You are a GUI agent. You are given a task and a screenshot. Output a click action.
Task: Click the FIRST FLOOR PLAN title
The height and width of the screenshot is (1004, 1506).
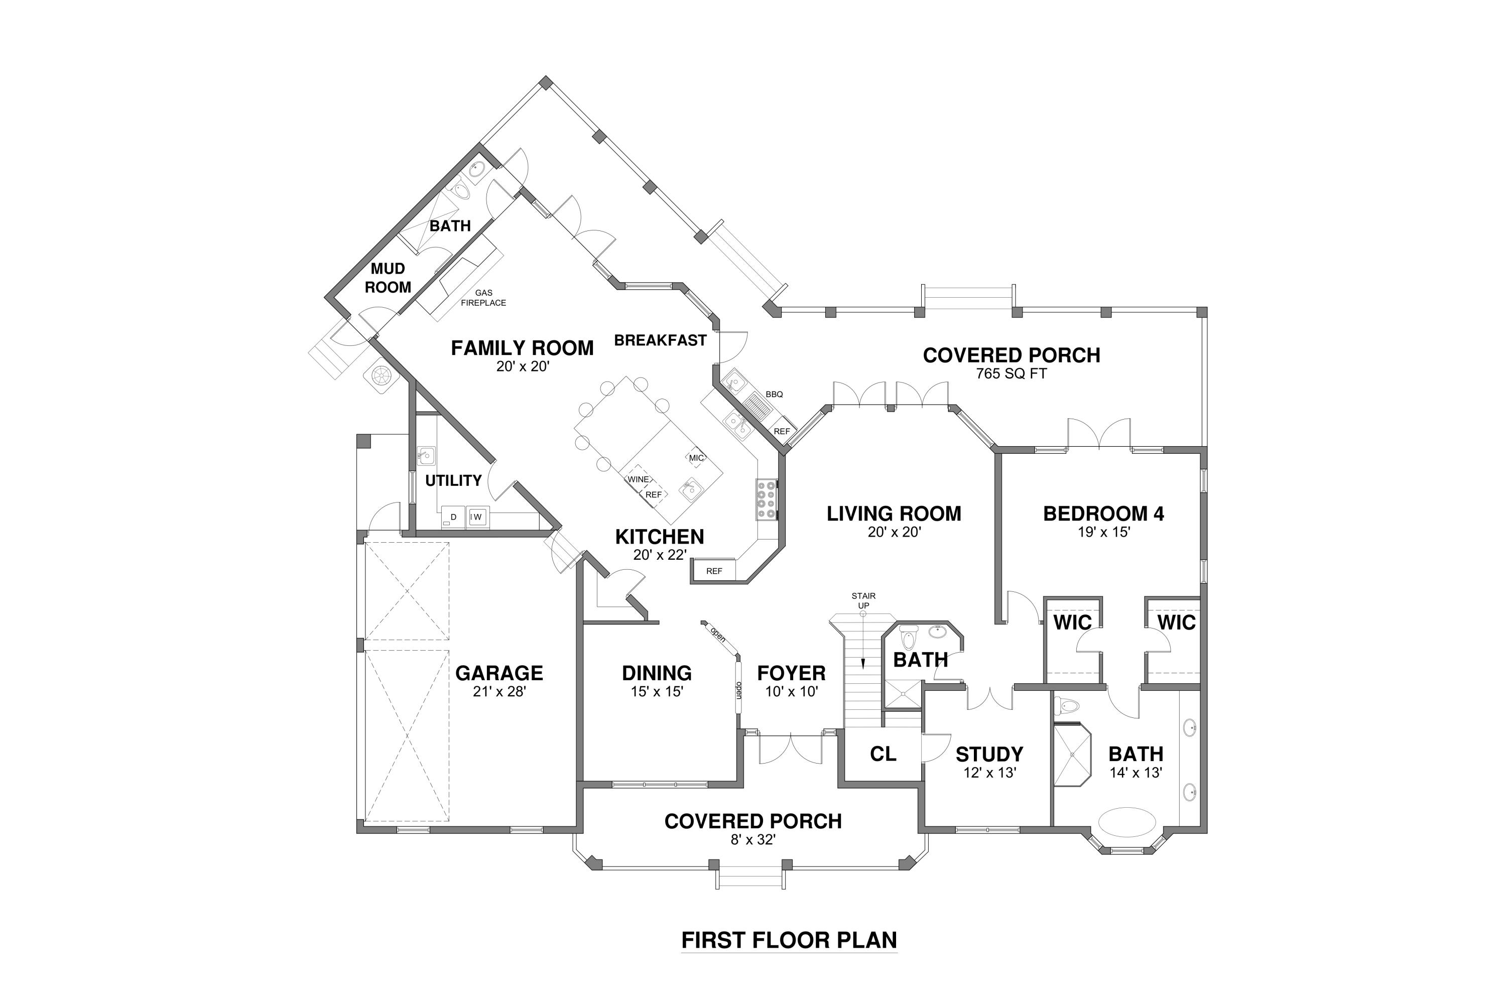(x=789, y=939)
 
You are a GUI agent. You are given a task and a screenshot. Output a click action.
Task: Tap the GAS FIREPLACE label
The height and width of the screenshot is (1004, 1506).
(x=483, y=298)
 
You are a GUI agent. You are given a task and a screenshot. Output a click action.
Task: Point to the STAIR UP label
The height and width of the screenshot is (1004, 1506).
(x=863, y=600)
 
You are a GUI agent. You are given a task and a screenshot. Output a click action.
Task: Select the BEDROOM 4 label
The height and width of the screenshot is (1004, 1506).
(x=1103, y=513)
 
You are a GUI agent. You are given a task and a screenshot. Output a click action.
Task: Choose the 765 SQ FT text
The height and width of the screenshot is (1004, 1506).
(x=1011, y=374)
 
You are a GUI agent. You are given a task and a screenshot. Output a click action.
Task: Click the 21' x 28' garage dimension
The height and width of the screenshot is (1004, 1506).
(x=499, y=692)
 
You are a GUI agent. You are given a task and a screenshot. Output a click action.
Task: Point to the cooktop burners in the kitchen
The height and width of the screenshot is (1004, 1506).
(x=767, y=499)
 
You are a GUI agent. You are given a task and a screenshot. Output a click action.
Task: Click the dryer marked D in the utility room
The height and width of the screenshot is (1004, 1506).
(x=453, y=517)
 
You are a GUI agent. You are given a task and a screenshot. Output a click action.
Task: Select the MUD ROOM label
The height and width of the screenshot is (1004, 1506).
(x=388, y=278)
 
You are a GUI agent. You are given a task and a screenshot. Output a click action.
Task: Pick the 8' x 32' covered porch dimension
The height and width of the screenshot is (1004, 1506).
(x=753, y=839)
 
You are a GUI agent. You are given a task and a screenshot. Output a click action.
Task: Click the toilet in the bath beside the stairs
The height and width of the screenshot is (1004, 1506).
(x=909, y=639)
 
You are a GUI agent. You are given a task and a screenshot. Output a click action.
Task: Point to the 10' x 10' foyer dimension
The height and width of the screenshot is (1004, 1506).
(x=792, y=692)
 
